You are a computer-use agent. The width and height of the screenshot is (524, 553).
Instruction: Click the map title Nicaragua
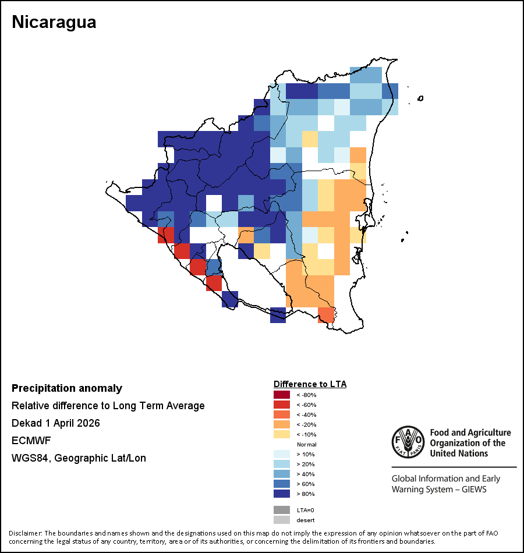(x=54, y=22)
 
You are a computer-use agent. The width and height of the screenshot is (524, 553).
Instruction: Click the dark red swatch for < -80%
(x=282, y=395)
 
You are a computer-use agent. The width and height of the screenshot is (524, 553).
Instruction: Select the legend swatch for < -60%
(x=282, y=405)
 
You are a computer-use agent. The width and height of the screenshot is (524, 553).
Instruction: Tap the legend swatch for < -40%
(x=282, y=414)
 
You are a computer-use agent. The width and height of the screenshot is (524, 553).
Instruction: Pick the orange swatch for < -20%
(x=282, y=424)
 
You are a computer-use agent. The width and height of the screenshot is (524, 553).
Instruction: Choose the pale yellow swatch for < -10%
(x=282, y=434)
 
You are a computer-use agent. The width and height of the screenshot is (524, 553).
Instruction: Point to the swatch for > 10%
(x=282, y=454)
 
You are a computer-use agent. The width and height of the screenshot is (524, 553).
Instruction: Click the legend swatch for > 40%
(x=282, y=474)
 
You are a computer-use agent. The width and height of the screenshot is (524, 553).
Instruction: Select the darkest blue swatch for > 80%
(x=282, y=494)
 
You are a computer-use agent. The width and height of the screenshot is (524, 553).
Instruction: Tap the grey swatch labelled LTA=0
(x=282, y=510)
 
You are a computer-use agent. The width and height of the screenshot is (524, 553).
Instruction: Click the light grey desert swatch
(x=282, y=520)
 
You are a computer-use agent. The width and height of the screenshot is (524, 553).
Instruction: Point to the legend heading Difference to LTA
(x=310, y=384)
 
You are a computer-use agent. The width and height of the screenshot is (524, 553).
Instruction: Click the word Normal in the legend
(x=306, y=444)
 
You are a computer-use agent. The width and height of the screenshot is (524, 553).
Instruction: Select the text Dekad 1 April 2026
(x=55, y=423)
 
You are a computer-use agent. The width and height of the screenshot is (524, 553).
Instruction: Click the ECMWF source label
(x=28, y=441)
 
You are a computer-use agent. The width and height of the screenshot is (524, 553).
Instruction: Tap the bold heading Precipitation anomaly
(x=67, y=388)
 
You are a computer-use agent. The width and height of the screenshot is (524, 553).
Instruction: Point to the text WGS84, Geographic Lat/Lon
(x=79, y=458)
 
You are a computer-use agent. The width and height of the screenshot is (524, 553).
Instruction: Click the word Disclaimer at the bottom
(x=25, y=533)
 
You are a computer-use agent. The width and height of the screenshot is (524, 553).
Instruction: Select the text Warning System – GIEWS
(x=438, y=489)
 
